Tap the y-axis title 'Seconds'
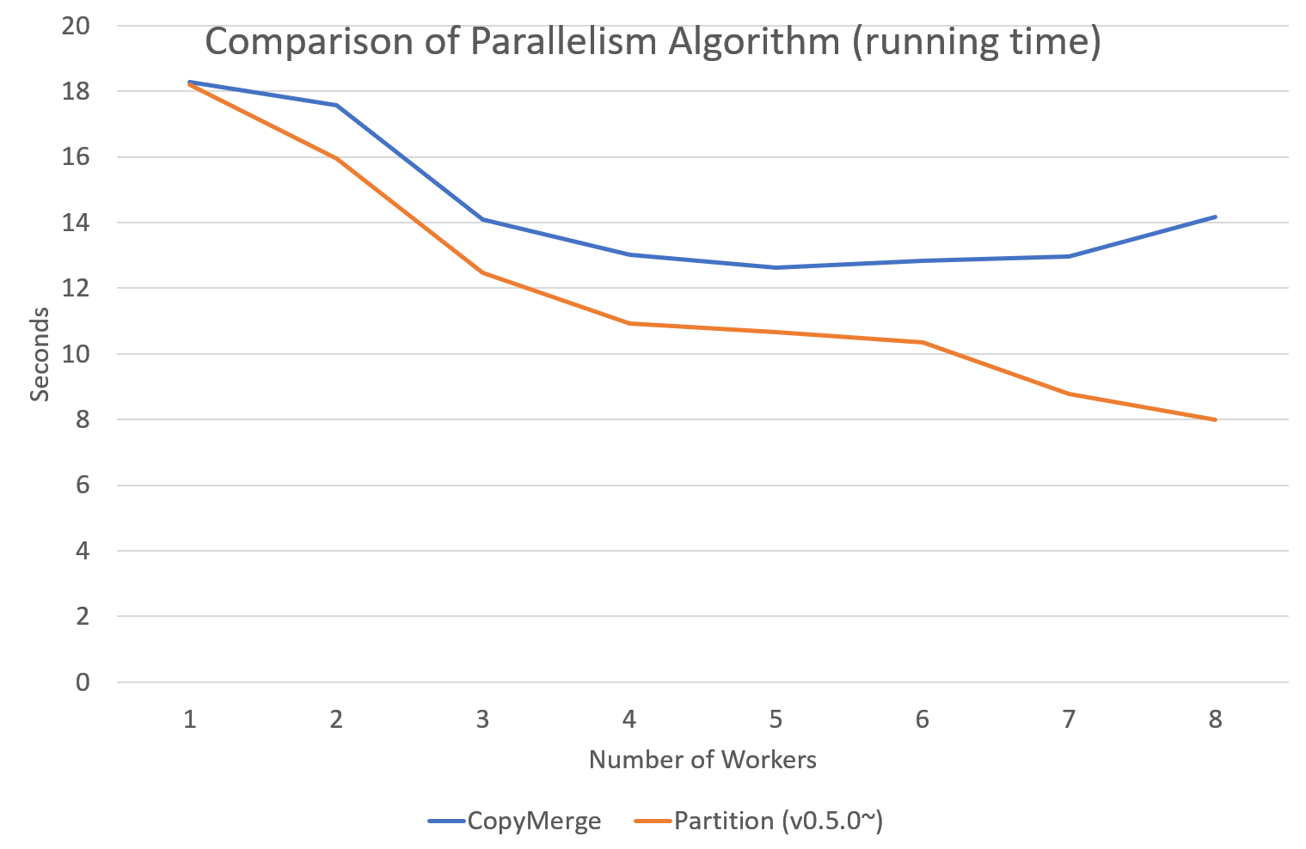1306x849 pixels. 40,355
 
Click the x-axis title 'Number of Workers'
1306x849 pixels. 702,760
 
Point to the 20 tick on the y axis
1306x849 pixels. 76,26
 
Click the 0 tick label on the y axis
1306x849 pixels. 83,682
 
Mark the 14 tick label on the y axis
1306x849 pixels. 76,223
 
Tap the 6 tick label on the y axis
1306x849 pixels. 83,486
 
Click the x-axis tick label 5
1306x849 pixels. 776,719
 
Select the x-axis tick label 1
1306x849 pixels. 189,719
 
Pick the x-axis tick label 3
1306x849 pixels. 482,719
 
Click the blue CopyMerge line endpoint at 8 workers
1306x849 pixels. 1215,217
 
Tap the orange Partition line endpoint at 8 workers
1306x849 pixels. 1215,419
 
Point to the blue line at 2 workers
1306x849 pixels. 336,106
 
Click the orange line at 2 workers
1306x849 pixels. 336,159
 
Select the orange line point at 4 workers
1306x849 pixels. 629,323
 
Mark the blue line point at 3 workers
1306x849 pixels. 482,219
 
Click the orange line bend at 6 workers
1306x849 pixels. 923,342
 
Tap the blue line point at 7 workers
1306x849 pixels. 1069,256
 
